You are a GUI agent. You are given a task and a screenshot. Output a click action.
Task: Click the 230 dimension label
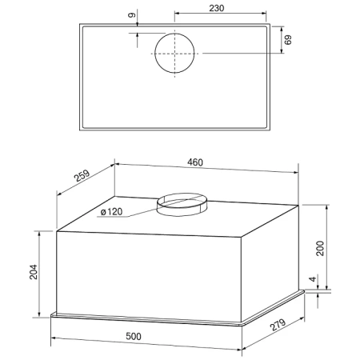pyautogui.click(x=216, y=8)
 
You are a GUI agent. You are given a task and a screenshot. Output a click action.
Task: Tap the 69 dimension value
pyautogui.click(x=288, y=40)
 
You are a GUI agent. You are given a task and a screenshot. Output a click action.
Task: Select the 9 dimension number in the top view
pyautogui.click(x=132, y=15)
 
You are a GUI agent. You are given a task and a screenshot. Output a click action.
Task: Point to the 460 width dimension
pyautogui.click(x=195, y=162)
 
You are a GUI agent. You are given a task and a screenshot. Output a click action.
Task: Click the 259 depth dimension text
pyautogui.click(x=82, y=175)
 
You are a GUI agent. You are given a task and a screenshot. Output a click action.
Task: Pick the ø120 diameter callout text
pyautogui.click(x=111, y=212)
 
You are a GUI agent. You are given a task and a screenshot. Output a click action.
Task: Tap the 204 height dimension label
pyautogui.click(x=34, y=272)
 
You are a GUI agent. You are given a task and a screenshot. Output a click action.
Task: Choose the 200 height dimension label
pyautogui.click(x=320, y=248)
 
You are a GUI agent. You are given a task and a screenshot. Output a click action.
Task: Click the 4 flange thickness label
pyautogui.click(x=313, y=279)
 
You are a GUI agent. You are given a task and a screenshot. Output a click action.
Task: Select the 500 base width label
pyautogui.click(x=134, y=337)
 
